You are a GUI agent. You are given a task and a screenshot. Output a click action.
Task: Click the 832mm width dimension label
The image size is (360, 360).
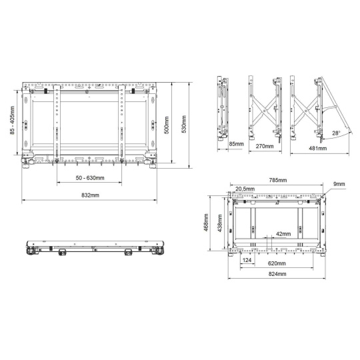point(90,195)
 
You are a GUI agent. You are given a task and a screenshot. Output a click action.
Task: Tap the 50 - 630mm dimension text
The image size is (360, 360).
point(90,178)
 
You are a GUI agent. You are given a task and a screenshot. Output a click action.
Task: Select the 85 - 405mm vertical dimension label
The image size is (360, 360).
point(12,120)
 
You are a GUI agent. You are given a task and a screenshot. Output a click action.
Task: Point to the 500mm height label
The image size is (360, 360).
point(167,125)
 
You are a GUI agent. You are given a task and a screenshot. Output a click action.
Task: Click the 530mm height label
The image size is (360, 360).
point(184,124)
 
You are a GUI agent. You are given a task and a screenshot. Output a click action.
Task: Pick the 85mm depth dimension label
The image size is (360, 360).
point(236,144)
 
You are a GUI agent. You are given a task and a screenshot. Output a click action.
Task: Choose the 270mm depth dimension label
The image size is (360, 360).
point(265,146)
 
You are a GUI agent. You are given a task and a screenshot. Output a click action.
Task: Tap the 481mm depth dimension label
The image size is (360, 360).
point(318,148)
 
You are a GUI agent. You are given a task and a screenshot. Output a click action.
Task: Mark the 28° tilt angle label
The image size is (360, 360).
point(336,133)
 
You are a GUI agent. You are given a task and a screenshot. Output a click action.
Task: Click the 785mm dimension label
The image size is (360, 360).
point(278,180)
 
